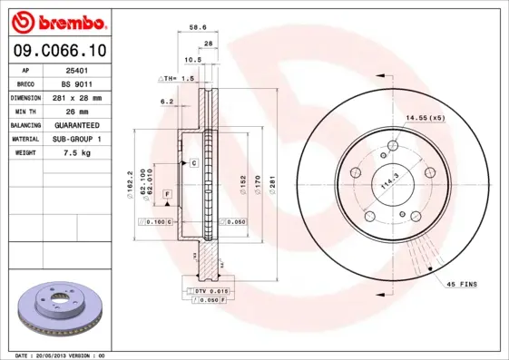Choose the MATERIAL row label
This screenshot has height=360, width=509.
click(24, 139)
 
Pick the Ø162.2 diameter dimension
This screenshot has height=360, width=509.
click(132, 186)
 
